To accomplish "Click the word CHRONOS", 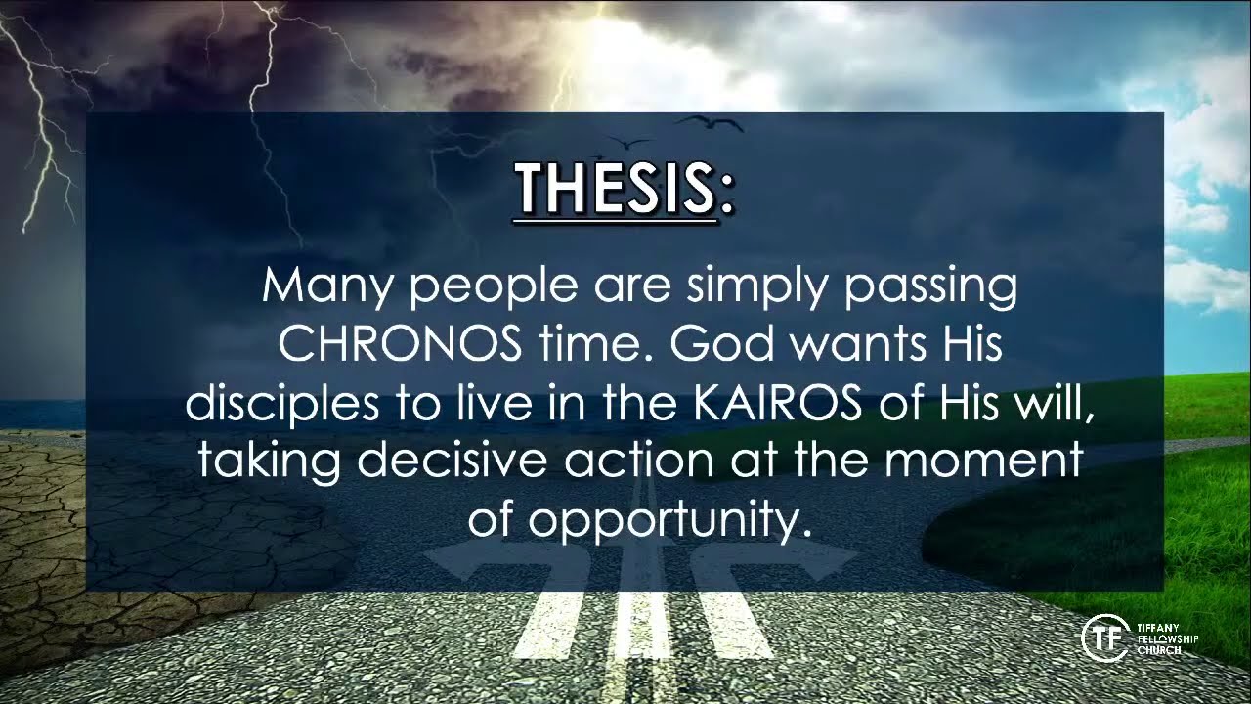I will (401, 345).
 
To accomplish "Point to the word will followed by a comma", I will (1056, 403).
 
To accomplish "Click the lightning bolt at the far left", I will (39, 127).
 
